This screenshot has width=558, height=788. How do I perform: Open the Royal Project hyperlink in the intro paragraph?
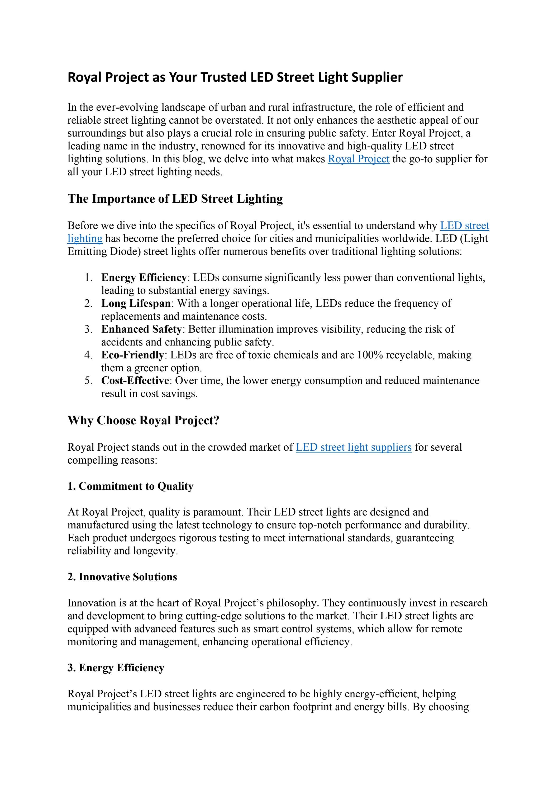click(358, 159)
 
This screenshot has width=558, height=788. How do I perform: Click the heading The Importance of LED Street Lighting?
click(175, 199)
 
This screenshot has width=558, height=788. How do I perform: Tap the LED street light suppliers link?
click(354, 447)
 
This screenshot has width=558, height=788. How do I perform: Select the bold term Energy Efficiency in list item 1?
click(144, 277)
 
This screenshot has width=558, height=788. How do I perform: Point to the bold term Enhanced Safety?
click(141, 329)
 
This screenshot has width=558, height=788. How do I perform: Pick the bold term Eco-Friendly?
click(132, 355)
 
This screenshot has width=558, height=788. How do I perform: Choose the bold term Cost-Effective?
click(135, 381)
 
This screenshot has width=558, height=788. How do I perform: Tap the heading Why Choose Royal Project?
click(143, 420)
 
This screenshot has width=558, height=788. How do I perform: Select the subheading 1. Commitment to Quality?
click(130, 486)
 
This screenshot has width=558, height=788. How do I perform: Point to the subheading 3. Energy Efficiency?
click(116, 668)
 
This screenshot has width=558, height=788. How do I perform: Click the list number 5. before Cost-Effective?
click(88, 381)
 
